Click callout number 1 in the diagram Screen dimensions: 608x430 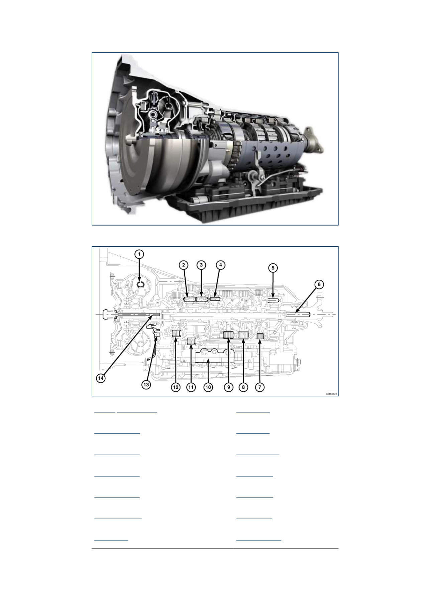tap(139, 254)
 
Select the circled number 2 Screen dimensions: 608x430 tap(184, 265)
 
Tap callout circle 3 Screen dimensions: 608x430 tap(201, 265)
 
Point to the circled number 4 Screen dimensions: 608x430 tap(220, 265)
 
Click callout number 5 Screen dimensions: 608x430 tap(273, 268)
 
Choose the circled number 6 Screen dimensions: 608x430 tap(319, 284)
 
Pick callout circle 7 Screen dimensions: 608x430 tap(260, 387)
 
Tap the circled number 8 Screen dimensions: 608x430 tap(243, 387)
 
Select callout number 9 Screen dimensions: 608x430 tap(229, 387)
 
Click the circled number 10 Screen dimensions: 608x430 tap(208, 387)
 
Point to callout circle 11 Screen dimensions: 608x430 tap(191, 387)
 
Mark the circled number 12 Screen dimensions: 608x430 tap(176, 387)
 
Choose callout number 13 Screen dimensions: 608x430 tap(146, 385)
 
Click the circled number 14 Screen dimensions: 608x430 tap(101, 378)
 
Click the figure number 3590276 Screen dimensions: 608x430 tap(331, 394)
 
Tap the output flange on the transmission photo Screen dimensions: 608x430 tap(313, 140)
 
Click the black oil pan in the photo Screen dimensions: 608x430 tap(247, 204)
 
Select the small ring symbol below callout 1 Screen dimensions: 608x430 tap(141, 284)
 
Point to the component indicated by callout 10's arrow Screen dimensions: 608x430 tap(214, 356)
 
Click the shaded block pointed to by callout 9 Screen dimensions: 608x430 tap(228, 335)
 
